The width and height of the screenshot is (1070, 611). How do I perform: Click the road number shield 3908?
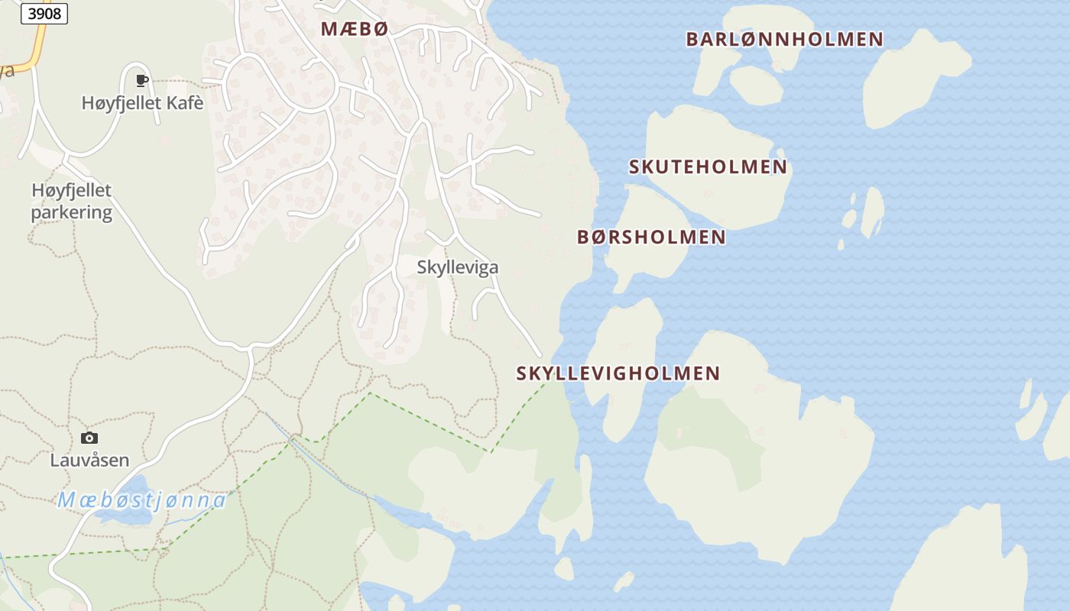(44, 13)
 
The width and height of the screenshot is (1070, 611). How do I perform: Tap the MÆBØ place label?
(355, 29)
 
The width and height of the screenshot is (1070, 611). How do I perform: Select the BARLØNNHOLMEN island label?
(784, 39)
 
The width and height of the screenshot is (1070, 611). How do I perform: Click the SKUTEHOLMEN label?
(708, 166)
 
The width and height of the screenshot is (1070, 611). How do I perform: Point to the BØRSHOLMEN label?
(651, 237)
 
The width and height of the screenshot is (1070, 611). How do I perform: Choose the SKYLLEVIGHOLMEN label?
(618, 373)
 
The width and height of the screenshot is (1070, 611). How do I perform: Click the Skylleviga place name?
(457, 267)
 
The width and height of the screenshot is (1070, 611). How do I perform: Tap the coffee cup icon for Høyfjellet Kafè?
(141, 80)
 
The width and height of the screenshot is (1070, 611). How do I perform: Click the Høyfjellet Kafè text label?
(142, 102)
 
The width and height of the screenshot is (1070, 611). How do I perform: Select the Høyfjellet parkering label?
(71, 201)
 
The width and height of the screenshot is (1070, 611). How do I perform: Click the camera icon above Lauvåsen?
(89, 438)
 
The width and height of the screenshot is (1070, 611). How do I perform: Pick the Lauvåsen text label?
(89, 461)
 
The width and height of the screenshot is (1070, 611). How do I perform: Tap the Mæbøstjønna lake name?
(142, 500)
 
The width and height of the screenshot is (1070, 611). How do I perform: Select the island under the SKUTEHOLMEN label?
(711, 137)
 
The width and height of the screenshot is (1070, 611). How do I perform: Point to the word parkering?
(71, 212)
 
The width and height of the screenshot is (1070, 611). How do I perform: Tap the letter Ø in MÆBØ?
(380, 29)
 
